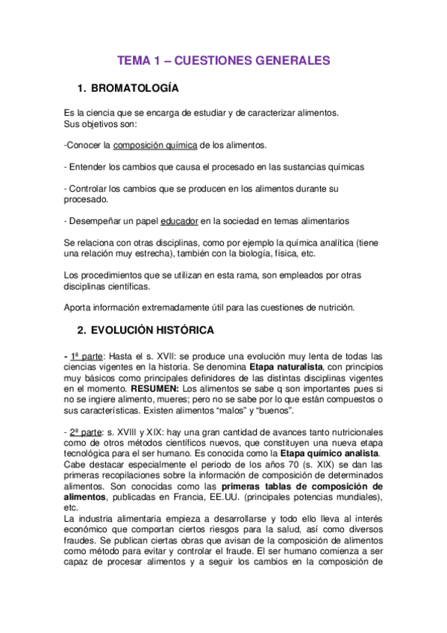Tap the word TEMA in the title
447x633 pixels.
135,60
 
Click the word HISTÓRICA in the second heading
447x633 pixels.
185,329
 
